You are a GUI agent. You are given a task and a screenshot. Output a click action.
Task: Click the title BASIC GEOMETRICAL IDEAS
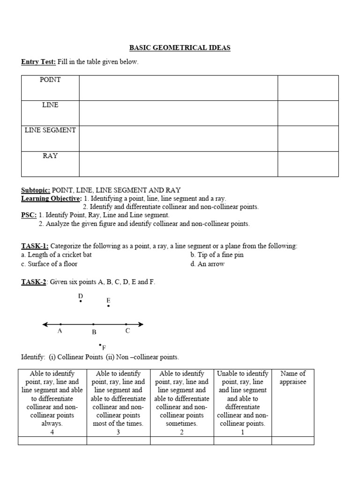pyautogui.click(x=180, y=48)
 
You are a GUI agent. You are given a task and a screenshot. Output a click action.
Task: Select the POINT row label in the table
pyautogui.click(x=50, y=80)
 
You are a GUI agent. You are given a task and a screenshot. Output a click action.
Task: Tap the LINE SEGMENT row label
pyautogui.click(x=50, y=130)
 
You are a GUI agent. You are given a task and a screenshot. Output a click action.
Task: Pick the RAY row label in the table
pyautogui.click(x=50, y=156)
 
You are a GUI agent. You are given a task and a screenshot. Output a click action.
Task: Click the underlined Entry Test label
pyautogui.click(x=38, y=62)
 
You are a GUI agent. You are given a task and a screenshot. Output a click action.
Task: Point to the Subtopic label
pyautogui.click(x=36, y=190)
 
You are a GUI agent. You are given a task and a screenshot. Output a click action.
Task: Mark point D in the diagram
pyautogui.click(x=81, y=301)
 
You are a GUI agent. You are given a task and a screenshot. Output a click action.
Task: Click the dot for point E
pyautogui.click(x=109, y=306)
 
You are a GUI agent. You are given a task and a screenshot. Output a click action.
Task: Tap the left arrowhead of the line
pyautogui.click(x=45, y=324)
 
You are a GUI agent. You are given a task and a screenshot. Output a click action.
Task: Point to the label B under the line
pyautogui.click(x=94, y=332)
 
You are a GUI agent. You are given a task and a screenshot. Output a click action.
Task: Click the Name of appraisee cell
pyautogui.click(x=292, y=378)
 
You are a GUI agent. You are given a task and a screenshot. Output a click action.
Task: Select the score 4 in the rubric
pyautogui.click(x=52, y=432)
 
